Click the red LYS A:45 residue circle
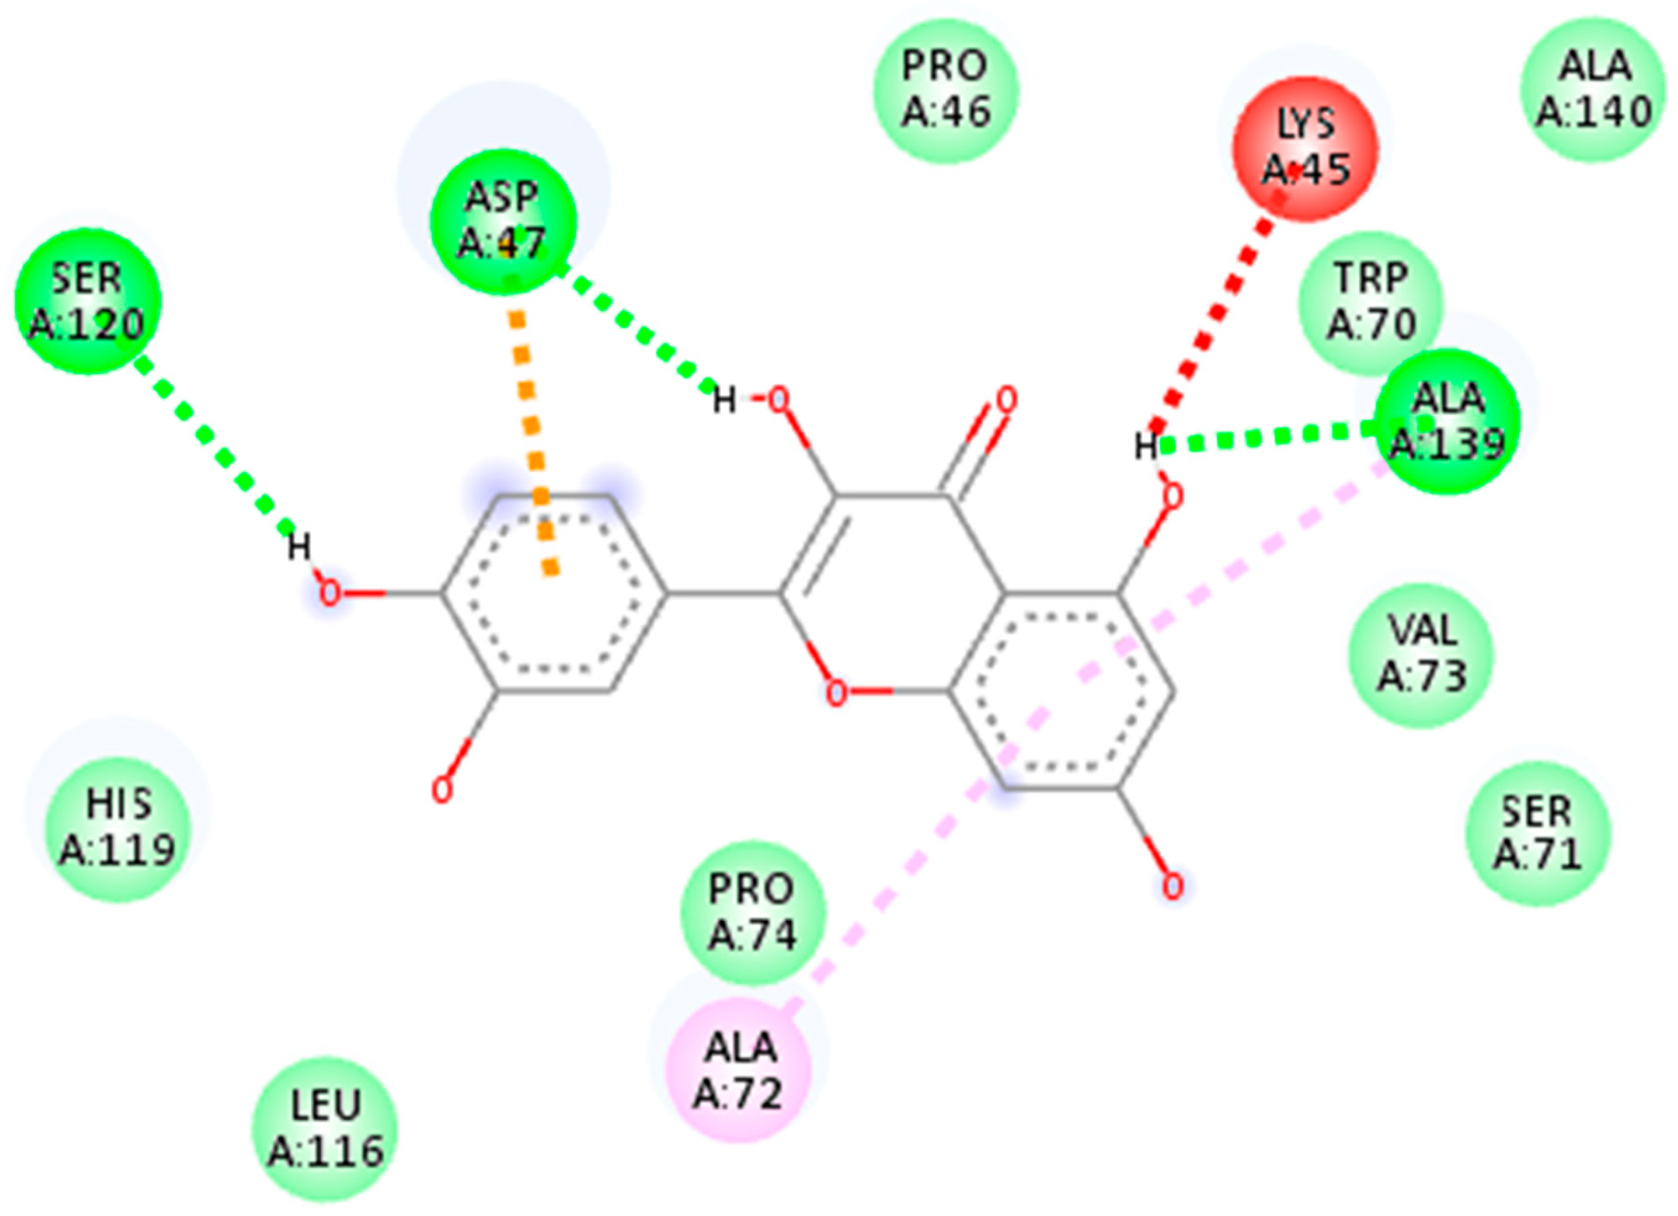pyautogui.click(x=1306, y=149)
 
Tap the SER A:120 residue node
pyautogui.click(x=87, y=300)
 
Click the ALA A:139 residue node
pyautogui.click(x=1447, y=421)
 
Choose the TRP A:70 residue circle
pyautogui.click(x=1371, y=302)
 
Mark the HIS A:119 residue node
pyautogui.click(x=118, y=827)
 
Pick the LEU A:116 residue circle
pyautogui.click(x=325, y=1128)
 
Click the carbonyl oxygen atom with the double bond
pyautogui.click(x=1005, y=401)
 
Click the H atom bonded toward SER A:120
pyautogui.click(x=299, y=548)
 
